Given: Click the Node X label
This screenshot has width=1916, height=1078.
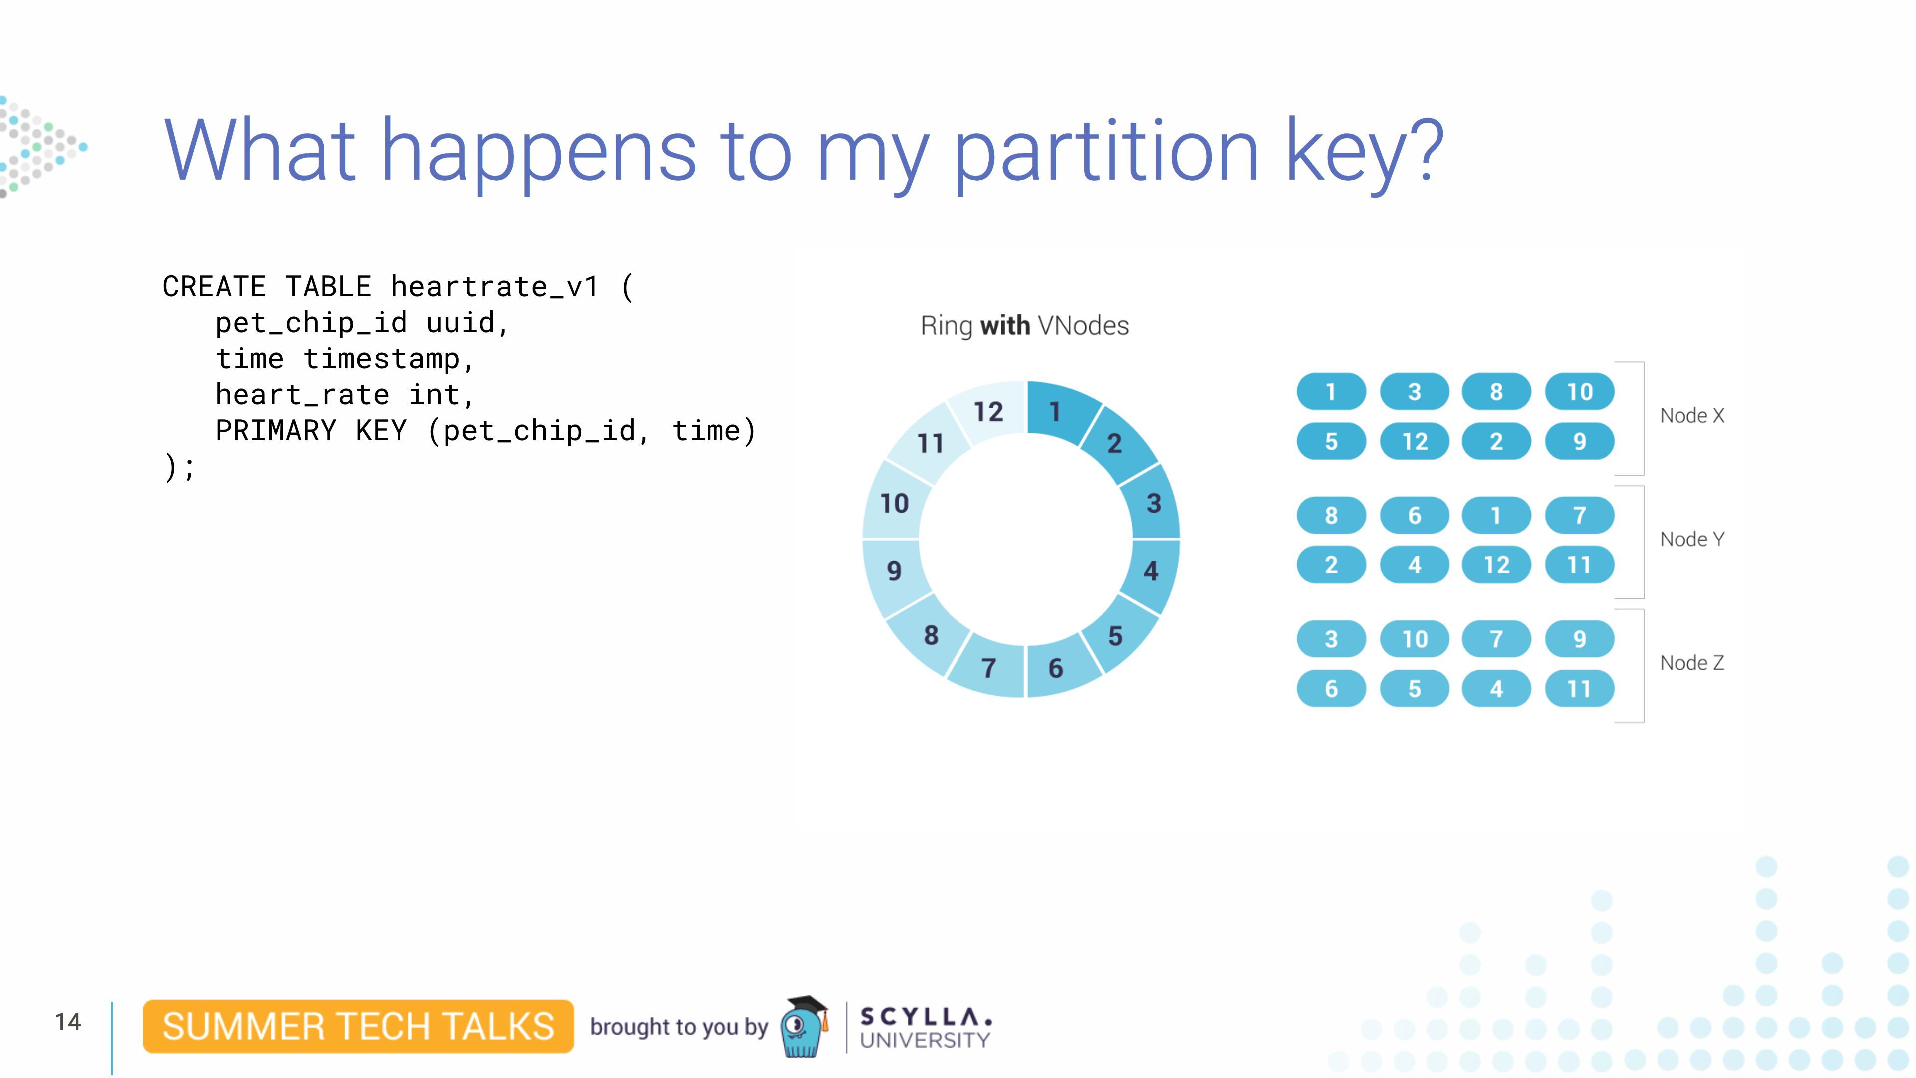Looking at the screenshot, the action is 1692,415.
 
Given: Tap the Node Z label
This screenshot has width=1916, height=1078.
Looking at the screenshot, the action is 1692,662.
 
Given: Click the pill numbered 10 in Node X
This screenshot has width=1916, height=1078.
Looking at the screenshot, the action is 1580,391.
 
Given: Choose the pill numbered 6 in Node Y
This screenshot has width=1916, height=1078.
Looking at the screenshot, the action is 1415,515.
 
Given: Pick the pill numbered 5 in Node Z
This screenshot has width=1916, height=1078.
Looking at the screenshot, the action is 1415,688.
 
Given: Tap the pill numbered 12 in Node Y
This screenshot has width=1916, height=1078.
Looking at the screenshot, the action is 1496,564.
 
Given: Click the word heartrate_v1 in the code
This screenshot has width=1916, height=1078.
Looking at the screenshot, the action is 494,287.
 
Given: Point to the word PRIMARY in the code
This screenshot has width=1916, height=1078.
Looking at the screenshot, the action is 276,431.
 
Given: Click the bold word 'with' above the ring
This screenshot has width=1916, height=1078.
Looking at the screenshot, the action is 1005,326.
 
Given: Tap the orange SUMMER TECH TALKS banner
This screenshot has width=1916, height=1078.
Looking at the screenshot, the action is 358,1026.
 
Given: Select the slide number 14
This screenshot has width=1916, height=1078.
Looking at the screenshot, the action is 68,1022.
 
